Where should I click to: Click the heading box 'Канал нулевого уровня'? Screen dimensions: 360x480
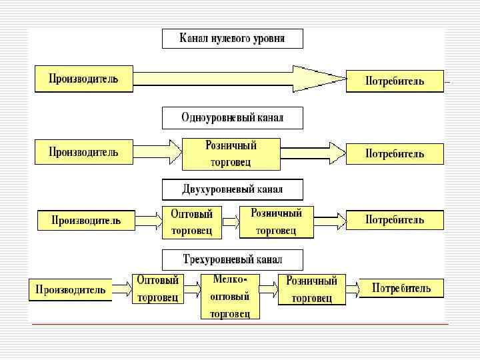(232, 39)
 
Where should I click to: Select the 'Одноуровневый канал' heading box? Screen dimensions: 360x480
(232, 118)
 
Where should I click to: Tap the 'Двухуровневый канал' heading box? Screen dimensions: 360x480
(232, 189)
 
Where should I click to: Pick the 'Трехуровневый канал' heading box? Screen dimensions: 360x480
(232, 259)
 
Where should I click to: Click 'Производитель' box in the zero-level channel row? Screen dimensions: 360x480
(84, 79)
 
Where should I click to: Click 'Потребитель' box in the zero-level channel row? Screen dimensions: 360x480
(395, 81)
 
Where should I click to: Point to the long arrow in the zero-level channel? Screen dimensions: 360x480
(240, 79)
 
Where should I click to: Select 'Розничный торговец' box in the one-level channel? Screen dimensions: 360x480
(231, 153)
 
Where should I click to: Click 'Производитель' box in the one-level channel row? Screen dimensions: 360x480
(84, 151)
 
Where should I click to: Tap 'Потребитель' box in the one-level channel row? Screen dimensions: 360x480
(395, 153)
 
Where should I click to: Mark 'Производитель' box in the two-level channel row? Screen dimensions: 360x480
(86, 220)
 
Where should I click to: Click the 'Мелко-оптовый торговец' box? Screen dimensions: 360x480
(230, 295)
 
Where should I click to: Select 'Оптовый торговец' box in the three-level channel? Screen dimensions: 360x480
(157, 289)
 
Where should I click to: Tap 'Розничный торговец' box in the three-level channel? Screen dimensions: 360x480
(311, 289)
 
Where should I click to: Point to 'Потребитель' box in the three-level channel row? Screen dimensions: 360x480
(401, 289)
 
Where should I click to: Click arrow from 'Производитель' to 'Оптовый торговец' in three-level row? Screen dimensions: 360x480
(122, 289)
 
